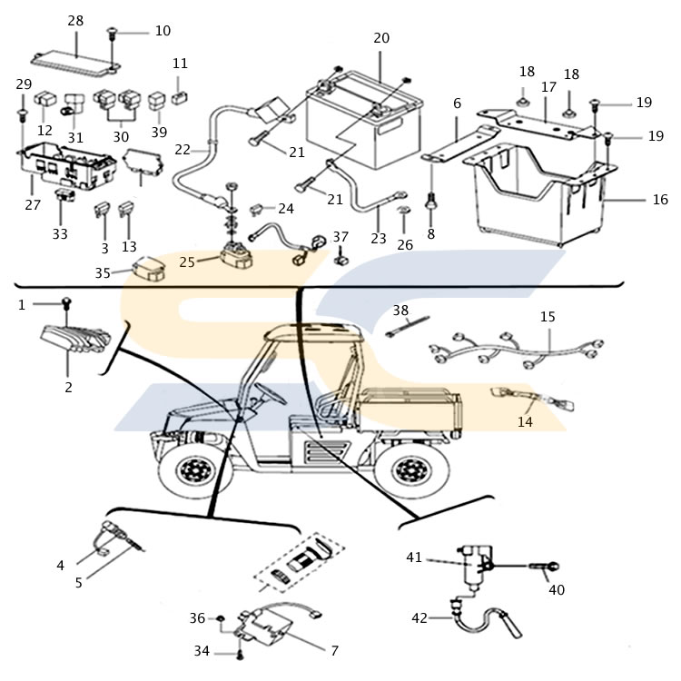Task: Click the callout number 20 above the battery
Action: click(381, 38)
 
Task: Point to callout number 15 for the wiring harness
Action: click(548, 317)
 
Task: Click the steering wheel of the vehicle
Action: click(271, 392)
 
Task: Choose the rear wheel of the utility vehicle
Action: click(410, 470)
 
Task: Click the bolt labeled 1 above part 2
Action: click(67, 303)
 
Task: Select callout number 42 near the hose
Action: click(419, 617)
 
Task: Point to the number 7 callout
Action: click(334, 651)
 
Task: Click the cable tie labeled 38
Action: click(407, 326)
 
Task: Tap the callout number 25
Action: click(187, 262)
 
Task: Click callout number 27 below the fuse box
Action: click(33, 204)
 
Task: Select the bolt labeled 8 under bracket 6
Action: click(430, 202)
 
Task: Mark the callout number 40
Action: click(557, 590)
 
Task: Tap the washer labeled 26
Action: click(404, 211)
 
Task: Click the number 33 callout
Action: click(60, 233)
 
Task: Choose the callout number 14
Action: click(525, 421)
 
